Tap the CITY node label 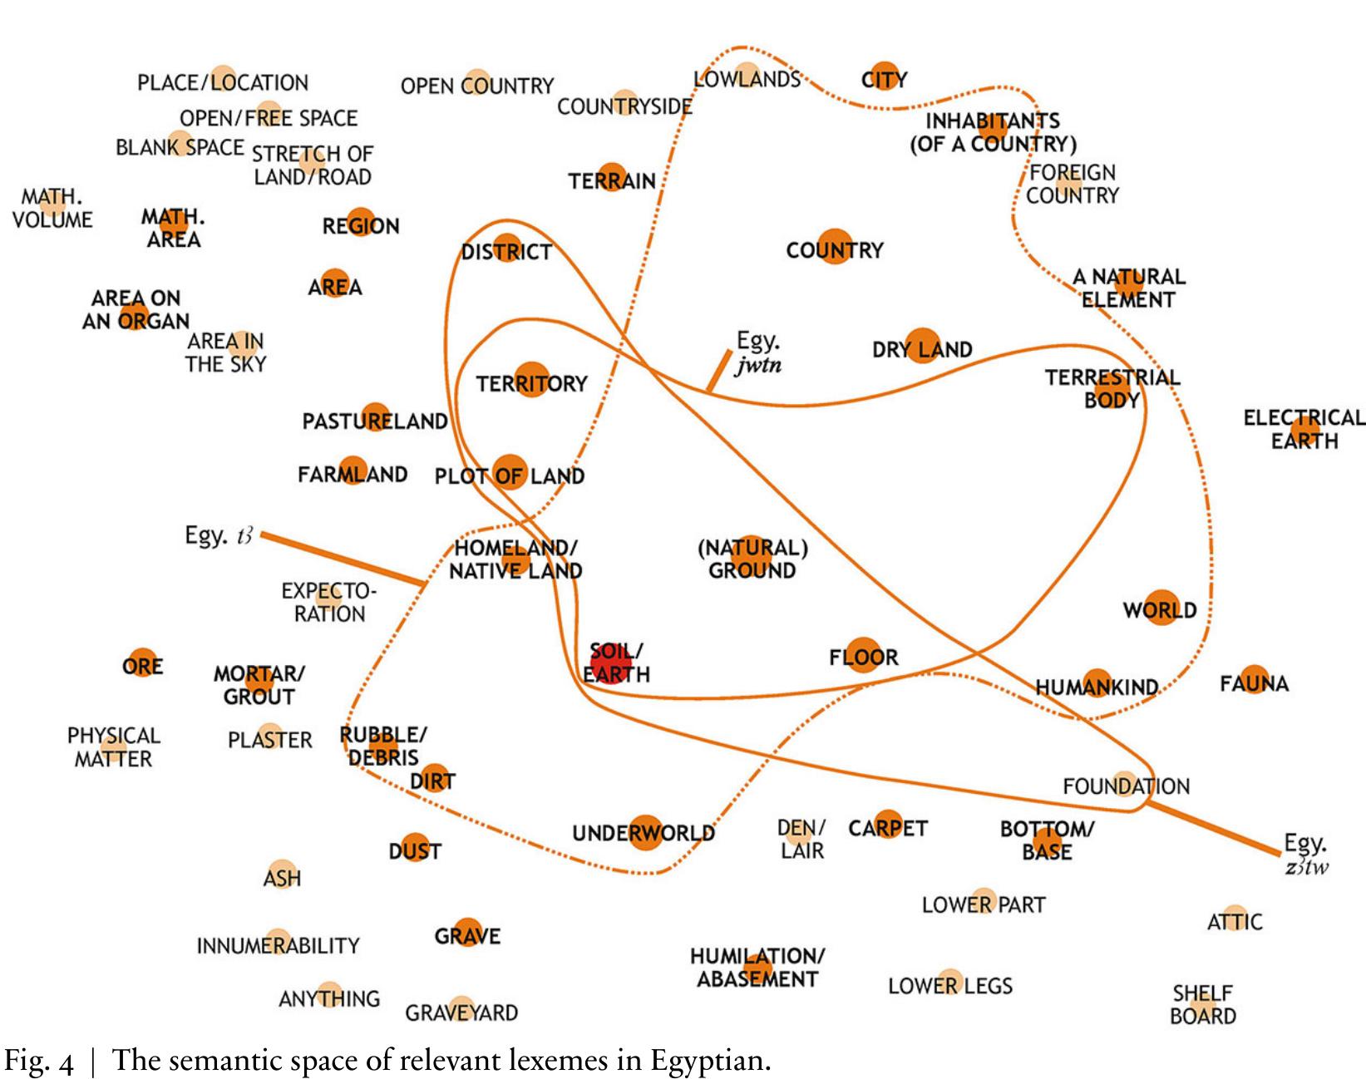point(885,80)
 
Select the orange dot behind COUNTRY point(835,246)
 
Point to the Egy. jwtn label point(758,353)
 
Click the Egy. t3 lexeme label point(219,535)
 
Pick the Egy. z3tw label point(1306,855)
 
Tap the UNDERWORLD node point(645,833)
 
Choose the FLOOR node point(863,656)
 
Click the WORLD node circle point(1161,608)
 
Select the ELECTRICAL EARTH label point(1304,429)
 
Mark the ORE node point(143,663)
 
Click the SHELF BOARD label point(1203,1005)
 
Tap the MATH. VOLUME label point(52,208)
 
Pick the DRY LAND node point(922,346)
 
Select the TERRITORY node point(532,380)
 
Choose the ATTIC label point(1235,921)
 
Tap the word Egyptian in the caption point(706,1062)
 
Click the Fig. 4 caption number point(39,1062)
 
